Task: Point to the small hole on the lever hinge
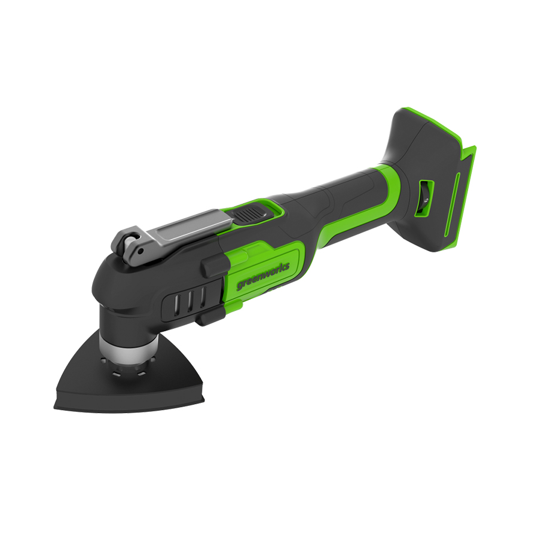(140, 251)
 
